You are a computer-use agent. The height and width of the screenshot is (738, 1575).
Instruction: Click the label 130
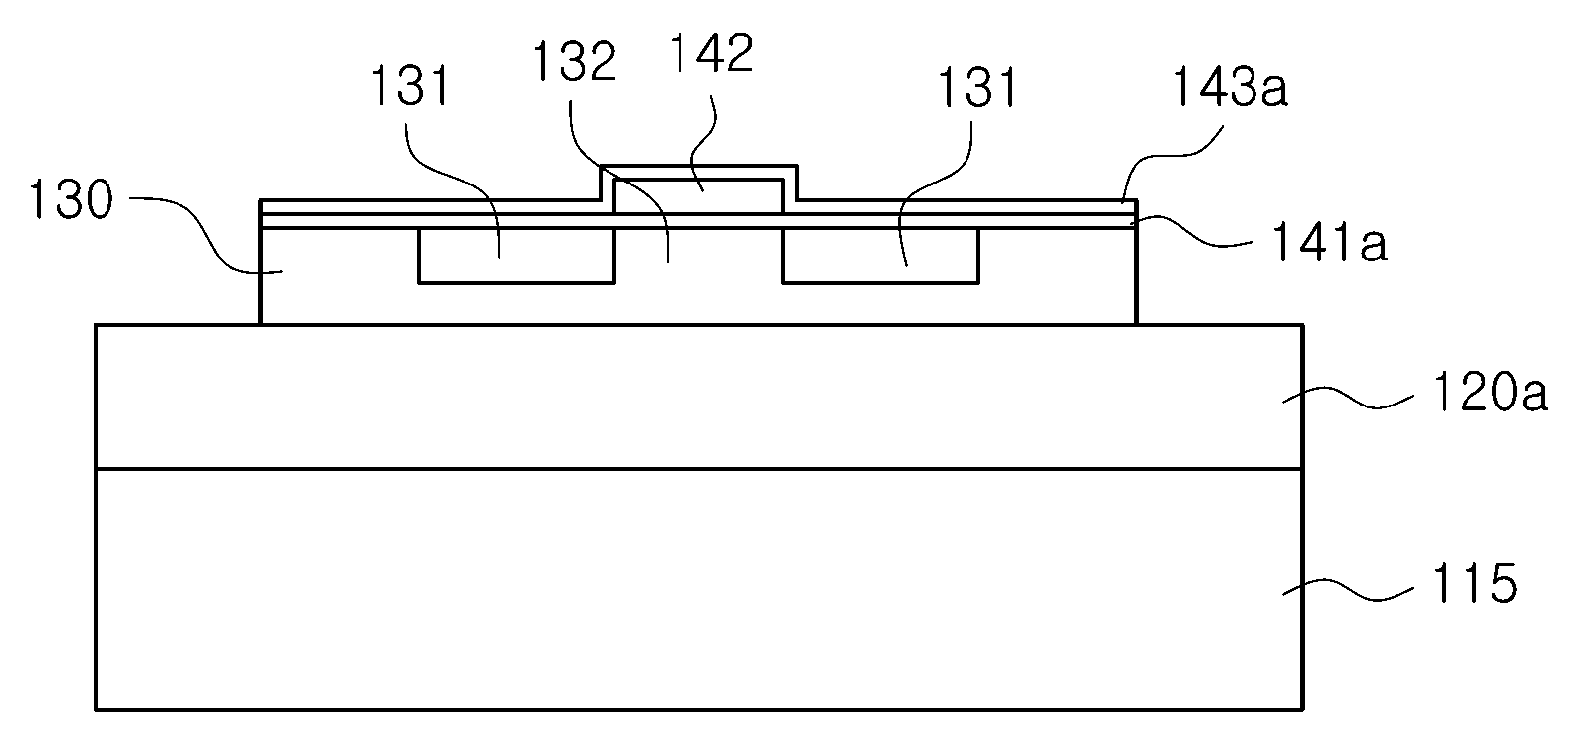click(x=70, y=200)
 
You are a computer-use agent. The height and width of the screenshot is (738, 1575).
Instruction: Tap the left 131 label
click(x=410, y=86)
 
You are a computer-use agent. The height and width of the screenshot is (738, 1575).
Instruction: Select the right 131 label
click(x=977, y=88)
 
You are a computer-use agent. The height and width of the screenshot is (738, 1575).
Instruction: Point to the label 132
click(x=574, y=61)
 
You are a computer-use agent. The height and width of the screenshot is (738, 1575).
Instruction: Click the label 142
click(x=712, y=52)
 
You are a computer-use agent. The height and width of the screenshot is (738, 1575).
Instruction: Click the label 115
click(x=1474, y=583)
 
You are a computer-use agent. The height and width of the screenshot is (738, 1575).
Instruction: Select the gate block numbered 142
click(x=698, y=196)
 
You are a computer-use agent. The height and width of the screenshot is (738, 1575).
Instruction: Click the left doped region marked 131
click(x=517, y=256)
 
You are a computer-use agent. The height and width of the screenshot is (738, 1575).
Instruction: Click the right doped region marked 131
click(x=881, y=256)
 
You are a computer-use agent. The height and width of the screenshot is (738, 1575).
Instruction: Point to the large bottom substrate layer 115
click(x=699, y=589)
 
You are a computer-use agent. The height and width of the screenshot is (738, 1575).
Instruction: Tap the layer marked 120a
click(x=699, y=396)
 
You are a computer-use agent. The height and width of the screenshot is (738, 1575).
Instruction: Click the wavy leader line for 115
click(x=1348, y=590)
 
